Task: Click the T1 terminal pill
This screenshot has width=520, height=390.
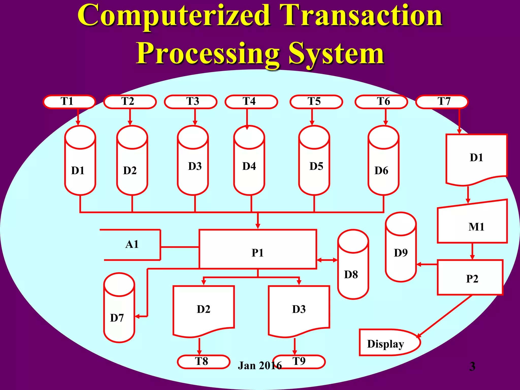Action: [x=69, y=102]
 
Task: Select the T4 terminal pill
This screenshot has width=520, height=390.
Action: [x=251, y=102]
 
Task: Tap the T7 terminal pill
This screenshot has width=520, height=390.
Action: [x=442, y=102]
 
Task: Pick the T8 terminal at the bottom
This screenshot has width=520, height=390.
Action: [x=203, y=362]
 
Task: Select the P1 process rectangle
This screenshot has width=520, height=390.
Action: [x=258, y=249]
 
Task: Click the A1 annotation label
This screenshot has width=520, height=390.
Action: [x=132, y=245]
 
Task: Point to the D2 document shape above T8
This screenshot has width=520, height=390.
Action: [x=203, y=310]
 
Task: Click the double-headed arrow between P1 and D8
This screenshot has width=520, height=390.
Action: [x=327, y=260]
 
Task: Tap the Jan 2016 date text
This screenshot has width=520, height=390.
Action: [x=259, y=366]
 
